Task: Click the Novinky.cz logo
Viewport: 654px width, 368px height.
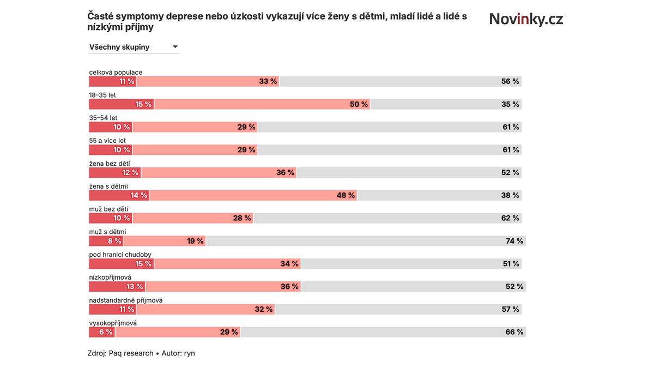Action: click(526, 20)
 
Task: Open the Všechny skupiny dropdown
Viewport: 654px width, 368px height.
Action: click(134, 47)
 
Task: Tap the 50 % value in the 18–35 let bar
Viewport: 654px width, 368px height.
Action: click(358, 104)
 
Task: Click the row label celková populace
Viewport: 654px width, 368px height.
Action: click(116, 72)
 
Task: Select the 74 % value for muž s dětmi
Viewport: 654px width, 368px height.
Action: click(514, 241)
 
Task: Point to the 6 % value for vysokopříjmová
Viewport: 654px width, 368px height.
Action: click(106, 332)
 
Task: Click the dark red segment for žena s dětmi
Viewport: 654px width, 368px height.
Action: click(119, 195)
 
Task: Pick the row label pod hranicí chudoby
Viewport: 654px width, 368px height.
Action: click(120, 255)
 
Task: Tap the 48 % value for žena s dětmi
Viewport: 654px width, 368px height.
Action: click(346, 195)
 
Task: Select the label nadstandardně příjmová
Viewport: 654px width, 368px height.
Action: click(125, 300)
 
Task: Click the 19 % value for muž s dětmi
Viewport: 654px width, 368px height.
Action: click(195, 241)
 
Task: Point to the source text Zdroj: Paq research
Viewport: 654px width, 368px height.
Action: click(120, 353)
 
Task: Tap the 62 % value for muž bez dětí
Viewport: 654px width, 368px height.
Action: click(510, 218)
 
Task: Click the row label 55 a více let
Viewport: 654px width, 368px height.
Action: click(107, 141)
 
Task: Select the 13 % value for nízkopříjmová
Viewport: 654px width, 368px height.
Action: click(135, 286)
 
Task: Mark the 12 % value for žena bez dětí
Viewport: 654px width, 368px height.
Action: click(130, 172)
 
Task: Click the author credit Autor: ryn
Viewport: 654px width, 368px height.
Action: click(178, 353)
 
